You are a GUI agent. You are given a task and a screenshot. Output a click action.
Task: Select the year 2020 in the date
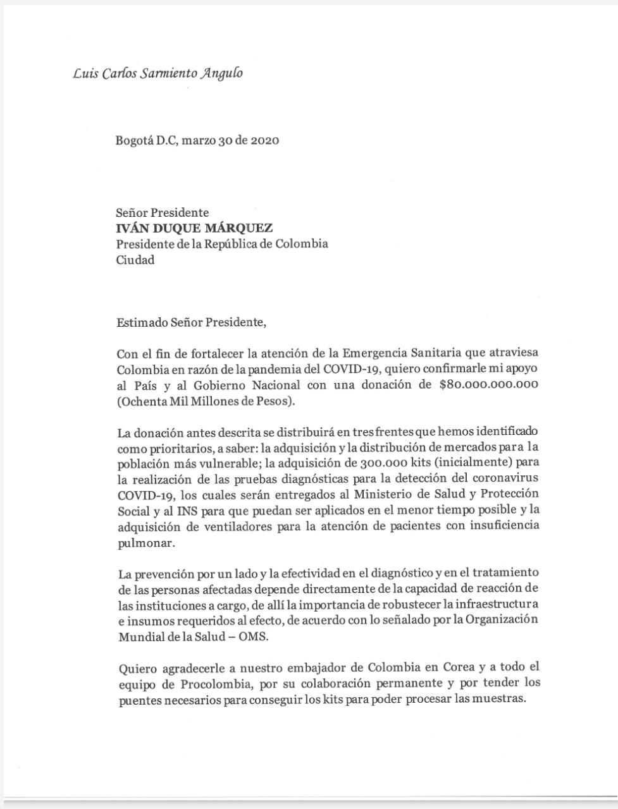tap(264, 140)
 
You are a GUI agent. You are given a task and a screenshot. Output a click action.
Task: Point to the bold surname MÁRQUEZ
tap(240, 229)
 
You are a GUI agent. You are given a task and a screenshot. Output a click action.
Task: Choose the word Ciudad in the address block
tap(135, 260)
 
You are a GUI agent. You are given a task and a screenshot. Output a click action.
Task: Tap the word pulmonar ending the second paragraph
tap(142, 542)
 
